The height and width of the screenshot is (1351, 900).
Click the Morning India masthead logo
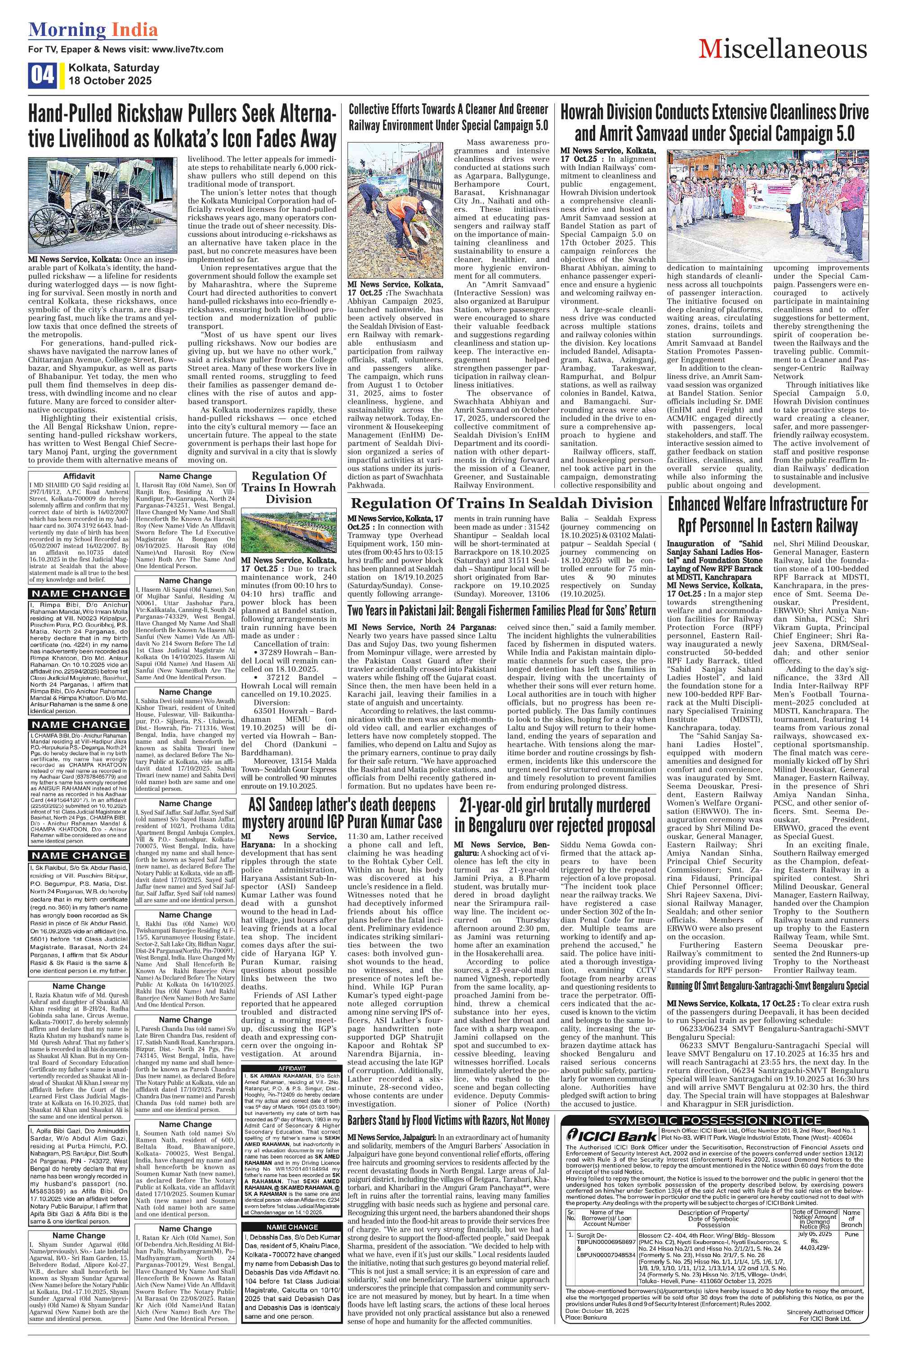(93, 30)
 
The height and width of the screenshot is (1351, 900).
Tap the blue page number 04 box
(42, 75)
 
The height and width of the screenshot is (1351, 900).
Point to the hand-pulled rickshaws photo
(103, 205)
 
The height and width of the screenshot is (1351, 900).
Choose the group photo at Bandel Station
(767, 205)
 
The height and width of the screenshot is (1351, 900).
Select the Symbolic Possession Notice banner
(715, 1120)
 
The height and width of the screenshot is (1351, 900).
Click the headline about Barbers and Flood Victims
(448, 1120)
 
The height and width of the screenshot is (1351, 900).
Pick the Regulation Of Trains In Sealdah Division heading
(502, 504)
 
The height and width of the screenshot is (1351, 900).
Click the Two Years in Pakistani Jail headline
(502, 611)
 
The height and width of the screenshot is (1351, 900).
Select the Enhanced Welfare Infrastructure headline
(767, 515)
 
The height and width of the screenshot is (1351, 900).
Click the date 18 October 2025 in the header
(110, 81)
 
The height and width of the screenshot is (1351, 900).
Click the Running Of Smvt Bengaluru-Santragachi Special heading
(767, 986)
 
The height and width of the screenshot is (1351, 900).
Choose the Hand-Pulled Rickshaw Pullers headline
(182, 126)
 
